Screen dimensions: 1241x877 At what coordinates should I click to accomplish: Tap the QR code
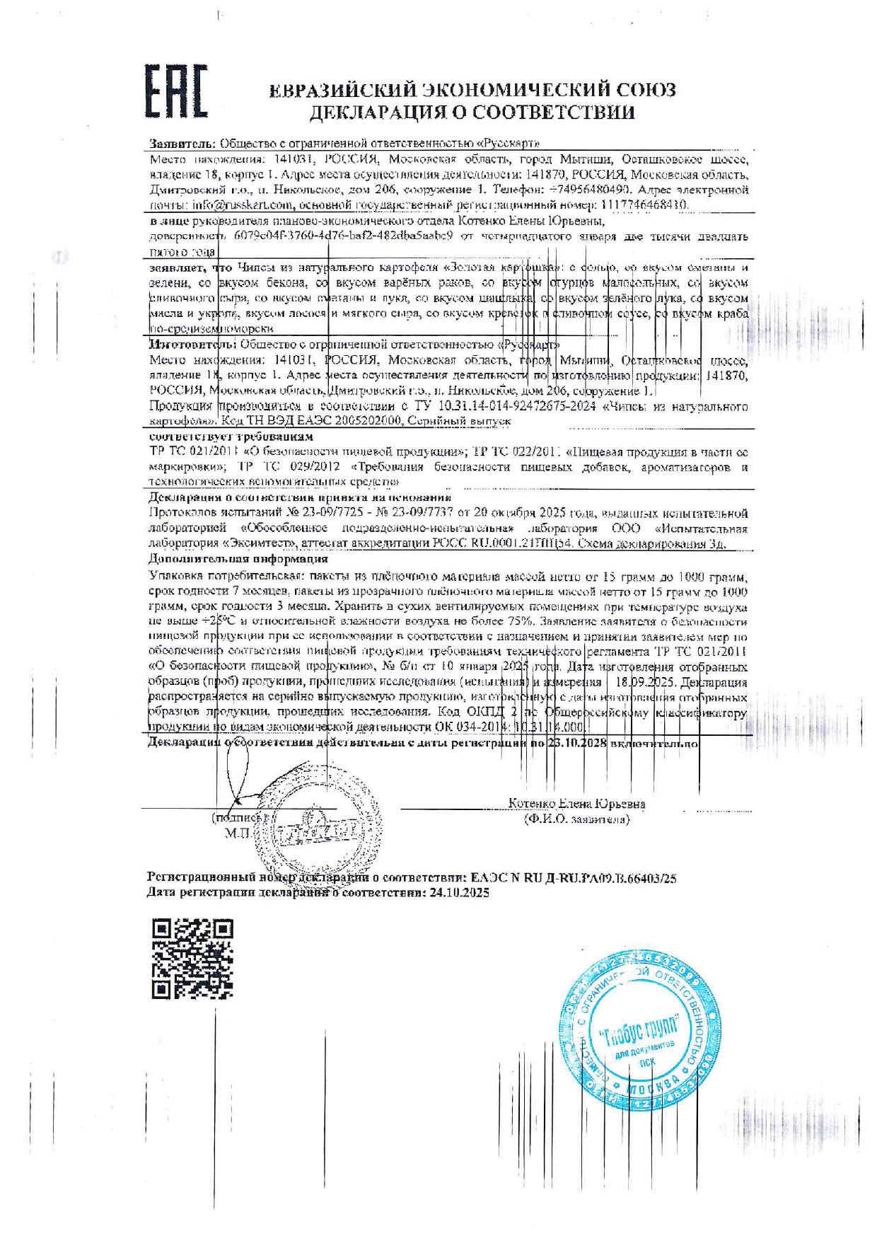tap(192, 958)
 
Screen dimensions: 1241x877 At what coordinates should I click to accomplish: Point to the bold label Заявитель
tap(182, 144)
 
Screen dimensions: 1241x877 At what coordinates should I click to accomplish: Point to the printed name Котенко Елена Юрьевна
tap(576, 804)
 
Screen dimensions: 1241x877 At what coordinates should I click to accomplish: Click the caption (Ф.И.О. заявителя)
tap(576, 819)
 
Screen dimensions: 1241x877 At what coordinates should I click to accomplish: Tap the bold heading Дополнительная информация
tap(238, 559)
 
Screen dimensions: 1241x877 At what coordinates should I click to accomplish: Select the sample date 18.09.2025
tap(642, 683)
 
